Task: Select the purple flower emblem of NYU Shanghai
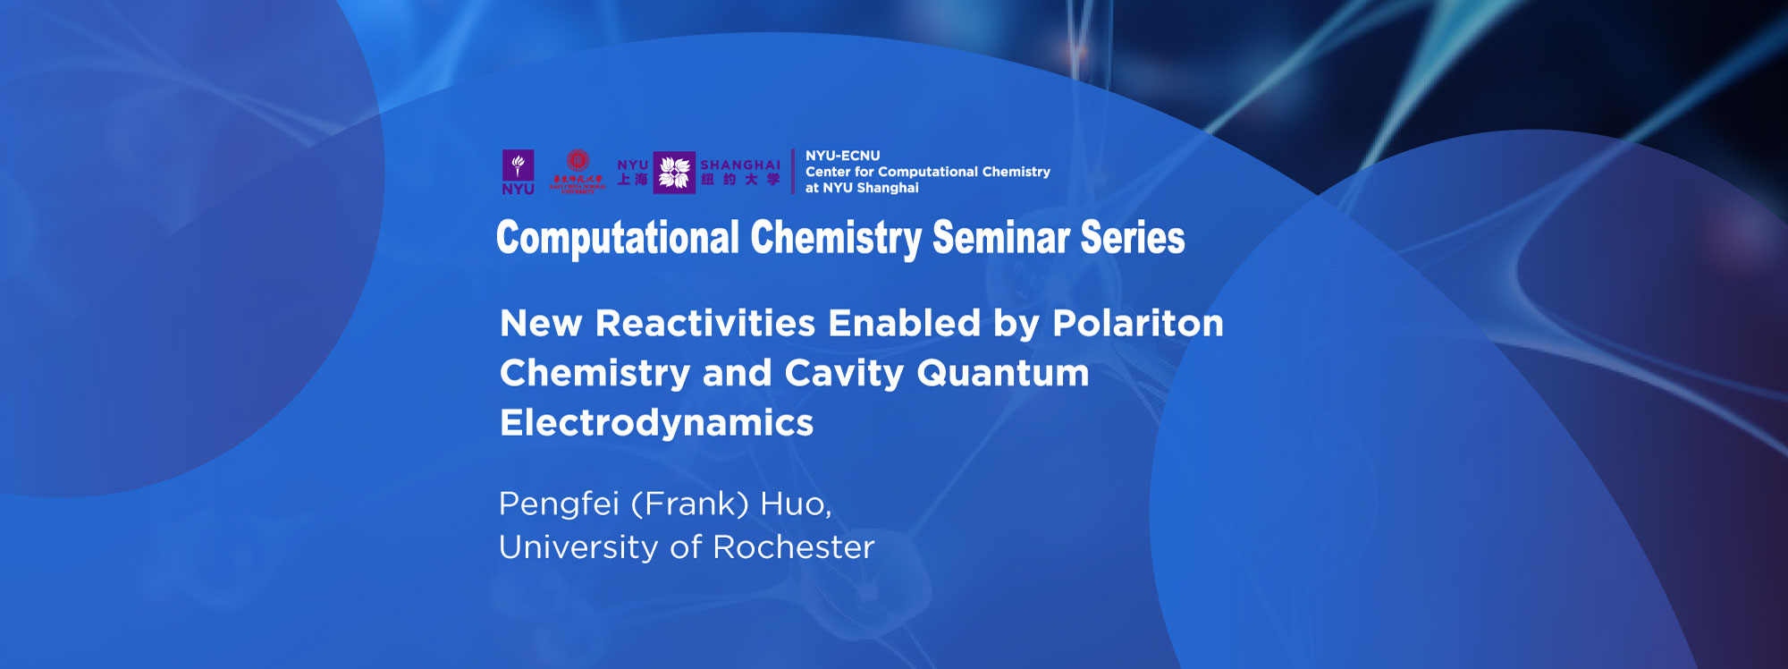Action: pyautogui.click(x=674, y=172)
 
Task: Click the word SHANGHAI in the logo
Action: pyautogui.click(x=740, y=165)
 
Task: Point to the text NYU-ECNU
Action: pyautogui.click(x=842, y=156)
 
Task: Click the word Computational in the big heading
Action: pyautogui.click(x=618, y=239)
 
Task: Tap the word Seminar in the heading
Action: pyautogui.click(x=1001, y=239)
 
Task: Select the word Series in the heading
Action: pyautogui.click(x=1133, y=239)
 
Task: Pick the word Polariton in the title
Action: pyautogui.click(x=1137, y=324)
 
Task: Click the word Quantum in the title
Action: pyautogui.click(x=1002, y=373)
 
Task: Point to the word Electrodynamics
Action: pyautogui.click(x=656, y=423)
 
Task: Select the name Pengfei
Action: pyautogui.click(x=559, y=504)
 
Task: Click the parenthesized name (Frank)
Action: pyautogui.click(x=689, y=504)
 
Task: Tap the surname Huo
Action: pyautogui.click(x=795, y=504)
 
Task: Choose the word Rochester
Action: pyautogui.click(x=793, y=547)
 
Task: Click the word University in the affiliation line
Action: pyautogui.click(x=578, y=547)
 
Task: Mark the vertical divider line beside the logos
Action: pyautogui.click(x=793, y=172)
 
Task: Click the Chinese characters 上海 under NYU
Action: pyautogui.click(x=632, y=180)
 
